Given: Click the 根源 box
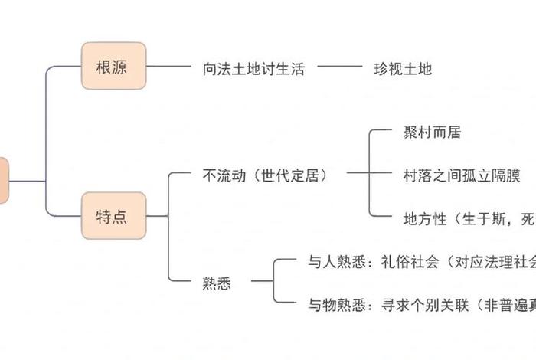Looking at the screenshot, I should (x=113, y=67).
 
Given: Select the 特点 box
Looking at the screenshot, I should (x=113, y=216).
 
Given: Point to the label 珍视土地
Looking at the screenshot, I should (x=403, y=68).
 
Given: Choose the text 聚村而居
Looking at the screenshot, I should (x=432, y=133).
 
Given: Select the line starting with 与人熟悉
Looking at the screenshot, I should (x=413, y=261).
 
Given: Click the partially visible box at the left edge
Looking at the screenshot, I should (x=4, y=181).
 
